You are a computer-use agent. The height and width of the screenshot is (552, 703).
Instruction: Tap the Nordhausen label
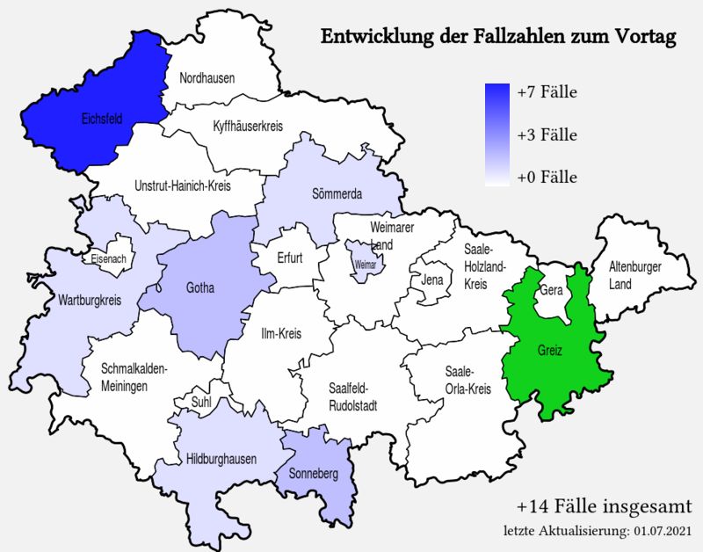click(207, 79)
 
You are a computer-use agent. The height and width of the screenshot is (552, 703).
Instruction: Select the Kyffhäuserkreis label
click(248, 127)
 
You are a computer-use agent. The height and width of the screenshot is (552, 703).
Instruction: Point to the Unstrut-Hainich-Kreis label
click(183, 186)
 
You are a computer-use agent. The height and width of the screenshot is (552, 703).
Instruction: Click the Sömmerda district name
click(337, 194)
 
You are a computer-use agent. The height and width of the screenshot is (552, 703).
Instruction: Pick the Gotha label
click(200, 287)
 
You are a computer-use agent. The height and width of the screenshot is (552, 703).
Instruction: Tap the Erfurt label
click(289, 259)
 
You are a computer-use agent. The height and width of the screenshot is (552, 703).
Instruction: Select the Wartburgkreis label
click(90, 301)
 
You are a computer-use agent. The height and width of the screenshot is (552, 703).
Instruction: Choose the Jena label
click(431, 280)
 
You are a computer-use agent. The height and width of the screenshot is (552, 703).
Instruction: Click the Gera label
click(551, 289)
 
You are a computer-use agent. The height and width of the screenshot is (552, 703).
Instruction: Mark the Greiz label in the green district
click(550, 351)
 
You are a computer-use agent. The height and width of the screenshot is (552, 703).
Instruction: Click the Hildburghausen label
click(221, 459)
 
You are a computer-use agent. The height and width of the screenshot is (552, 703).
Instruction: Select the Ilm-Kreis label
click(281, 335)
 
